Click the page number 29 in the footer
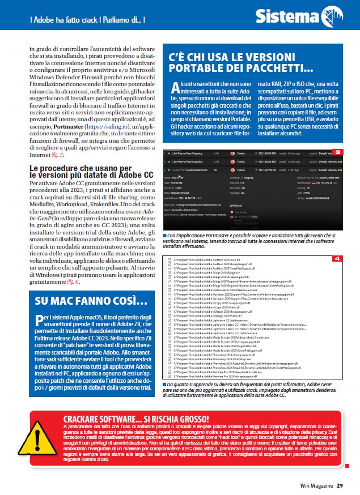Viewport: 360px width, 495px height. pyautogui.click(x=339, y=485)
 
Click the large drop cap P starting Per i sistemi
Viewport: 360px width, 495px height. pyautogui.click(x=39, y=318)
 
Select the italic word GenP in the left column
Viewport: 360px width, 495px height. pyautogui.click(x=41, y=217)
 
